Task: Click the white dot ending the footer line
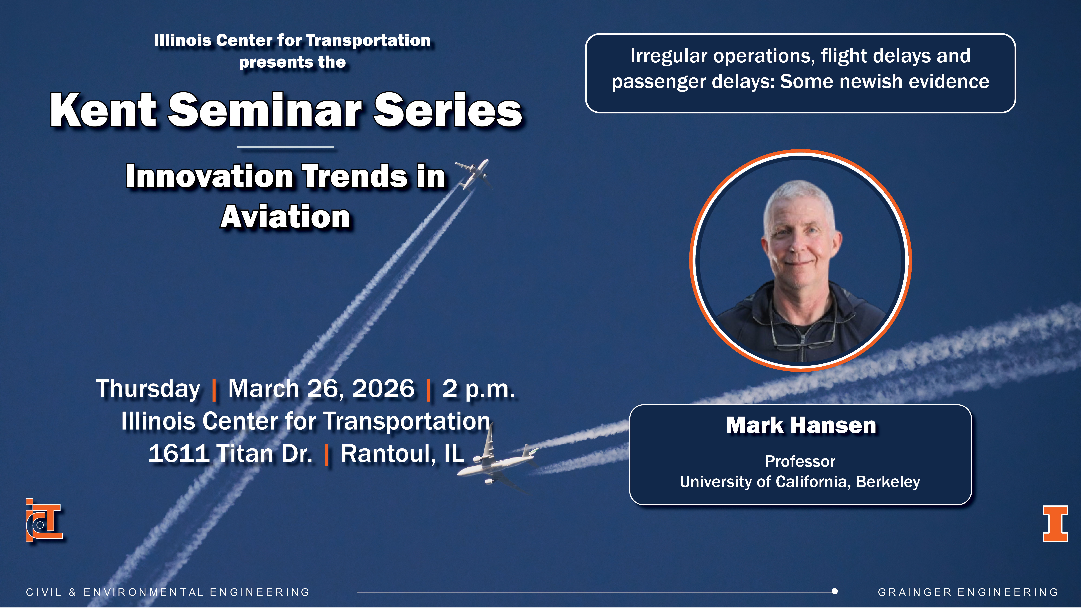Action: pos(835,592)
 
